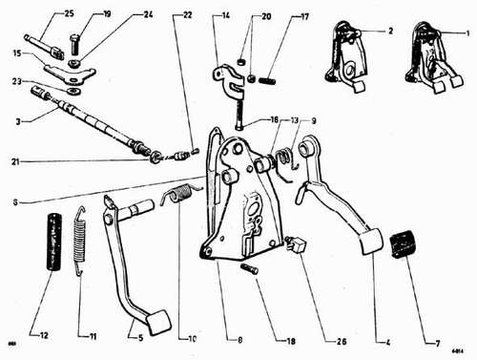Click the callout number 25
point(41,14)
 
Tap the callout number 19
point(107,14)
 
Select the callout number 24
point(148,14)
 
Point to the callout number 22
point(187,14)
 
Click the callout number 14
point(224,16)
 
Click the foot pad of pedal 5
point(158,322)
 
